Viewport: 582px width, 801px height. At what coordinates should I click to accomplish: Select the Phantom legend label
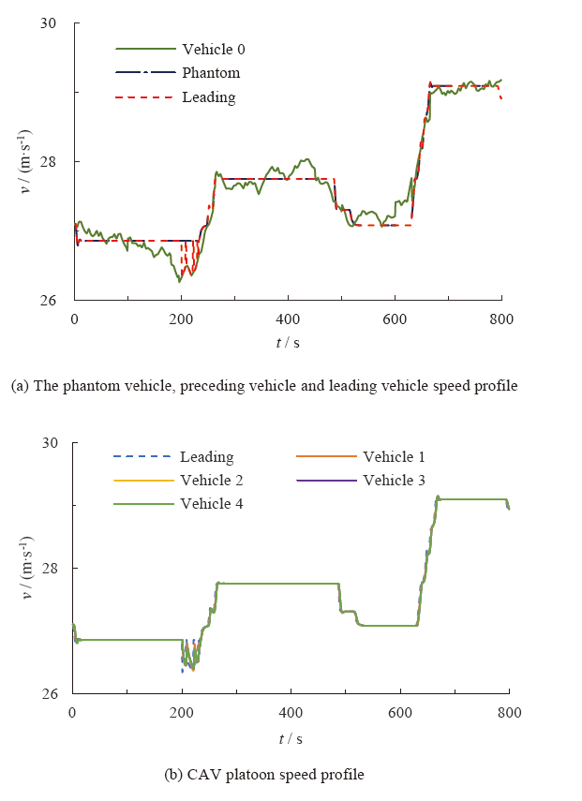(211, 73)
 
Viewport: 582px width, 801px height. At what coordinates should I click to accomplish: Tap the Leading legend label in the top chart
(208, 96)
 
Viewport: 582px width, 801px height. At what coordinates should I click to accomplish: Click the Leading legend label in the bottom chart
(207, 457)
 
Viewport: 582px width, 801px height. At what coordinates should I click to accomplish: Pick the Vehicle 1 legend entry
(394, 457)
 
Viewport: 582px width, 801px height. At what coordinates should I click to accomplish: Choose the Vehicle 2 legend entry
(213, 481)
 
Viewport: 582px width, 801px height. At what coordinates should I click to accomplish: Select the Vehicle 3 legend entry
(394, 481)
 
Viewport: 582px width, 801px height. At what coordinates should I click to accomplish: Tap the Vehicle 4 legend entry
(213, 504)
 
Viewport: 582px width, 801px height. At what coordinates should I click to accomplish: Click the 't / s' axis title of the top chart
(288, 343)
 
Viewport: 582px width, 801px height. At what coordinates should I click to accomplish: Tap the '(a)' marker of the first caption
(19, 386)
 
